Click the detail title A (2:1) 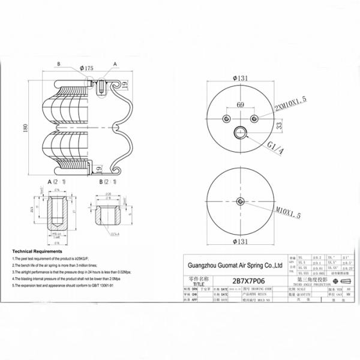[57, 181]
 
